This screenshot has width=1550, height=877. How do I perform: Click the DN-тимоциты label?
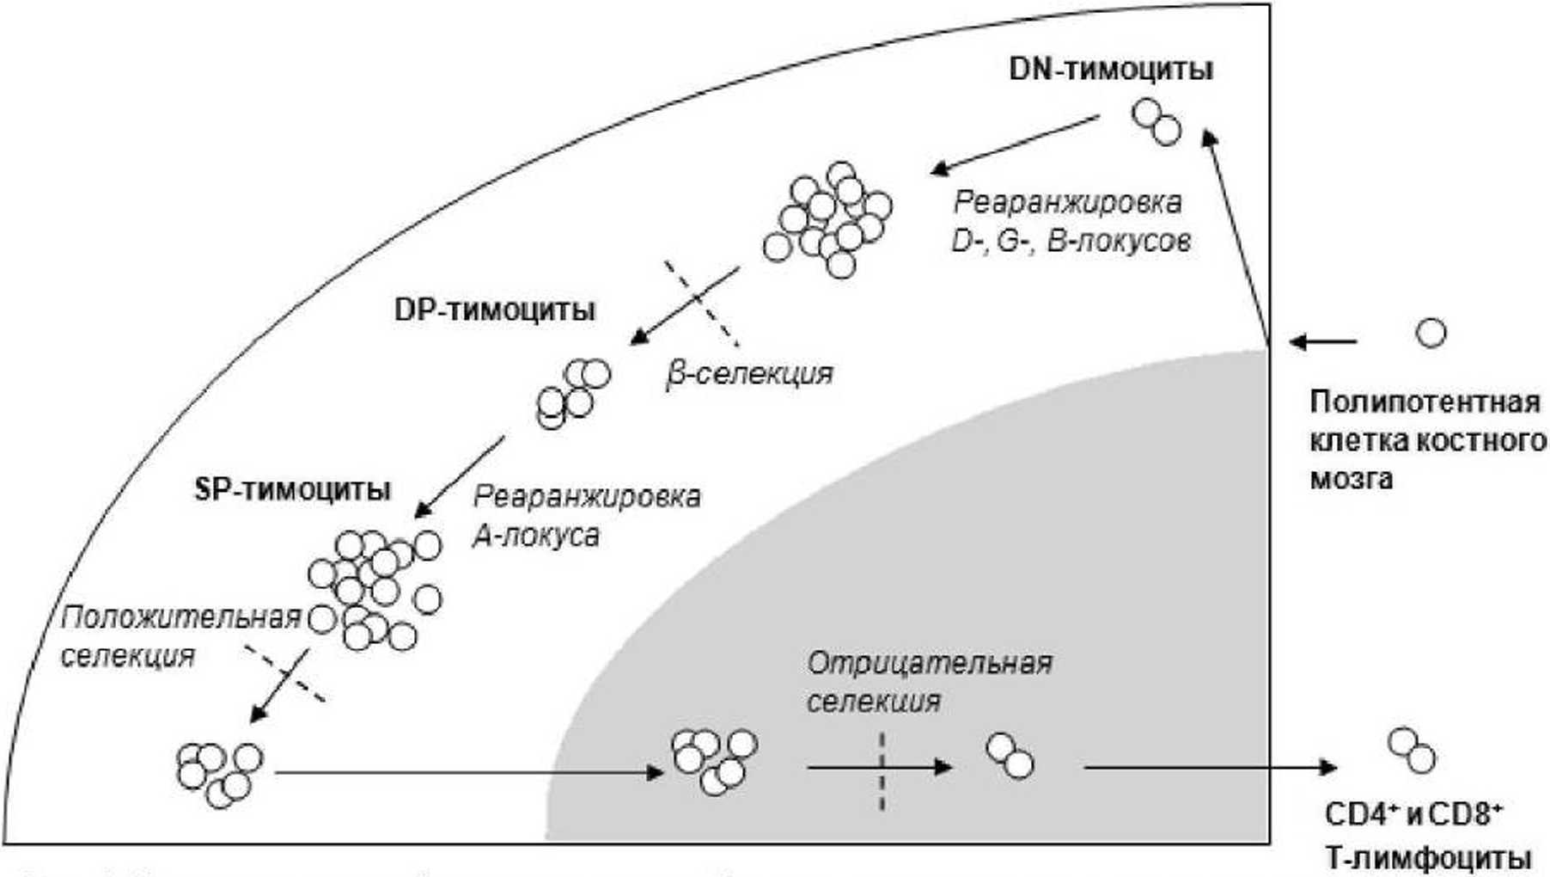click(x=1110, y=69)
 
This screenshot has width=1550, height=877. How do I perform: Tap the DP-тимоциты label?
click(x=495, y=310)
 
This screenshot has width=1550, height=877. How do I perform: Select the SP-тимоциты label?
click(x=293, y=489)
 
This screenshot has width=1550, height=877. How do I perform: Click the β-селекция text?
click(x=750, y=373)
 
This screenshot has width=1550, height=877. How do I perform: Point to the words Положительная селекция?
click(x=180, y=636)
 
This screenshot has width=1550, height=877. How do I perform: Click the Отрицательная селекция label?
click(x=929, y=682)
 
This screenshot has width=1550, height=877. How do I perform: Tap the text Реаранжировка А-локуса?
click(x=587, y=516)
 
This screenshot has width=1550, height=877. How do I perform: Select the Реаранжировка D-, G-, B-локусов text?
click(x=1071, y=222)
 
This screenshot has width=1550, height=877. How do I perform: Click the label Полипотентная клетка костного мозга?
click(x=1426, y=439)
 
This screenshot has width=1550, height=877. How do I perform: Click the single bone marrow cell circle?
click(x=1431, y=332)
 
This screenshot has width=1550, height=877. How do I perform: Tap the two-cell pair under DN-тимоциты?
click(x=1156, y=121)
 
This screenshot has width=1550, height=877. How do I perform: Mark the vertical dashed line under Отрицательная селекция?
click(x=882, y=771)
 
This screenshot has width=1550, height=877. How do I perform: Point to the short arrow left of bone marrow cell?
click(x=1323, y=342)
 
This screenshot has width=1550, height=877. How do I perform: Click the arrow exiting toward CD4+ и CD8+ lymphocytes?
click(x=1211, y=766)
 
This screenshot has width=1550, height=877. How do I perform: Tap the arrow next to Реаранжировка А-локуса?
click(x=460, y=477)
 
